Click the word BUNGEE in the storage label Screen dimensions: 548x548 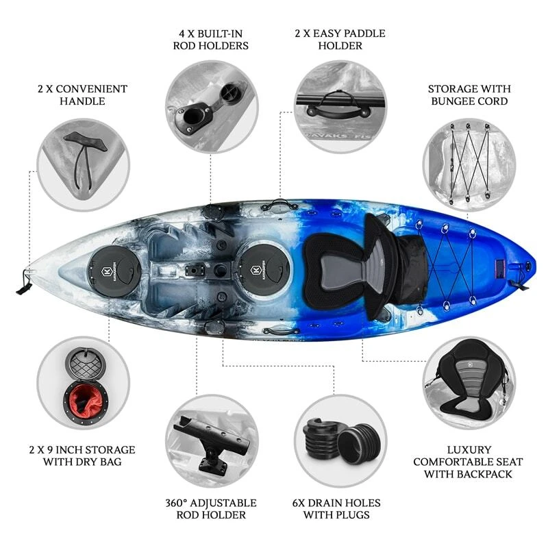(x=453, y=101)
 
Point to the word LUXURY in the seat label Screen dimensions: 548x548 (x=469, y=450)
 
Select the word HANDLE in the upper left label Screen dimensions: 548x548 (x=82, y=101)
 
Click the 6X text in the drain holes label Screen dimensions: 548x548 (x=299, y=503)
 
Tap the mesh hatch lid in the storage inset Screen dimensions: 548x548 (x=85, y=364)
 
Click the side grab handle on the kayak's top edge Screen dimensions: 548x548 (x=278, y=203)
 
